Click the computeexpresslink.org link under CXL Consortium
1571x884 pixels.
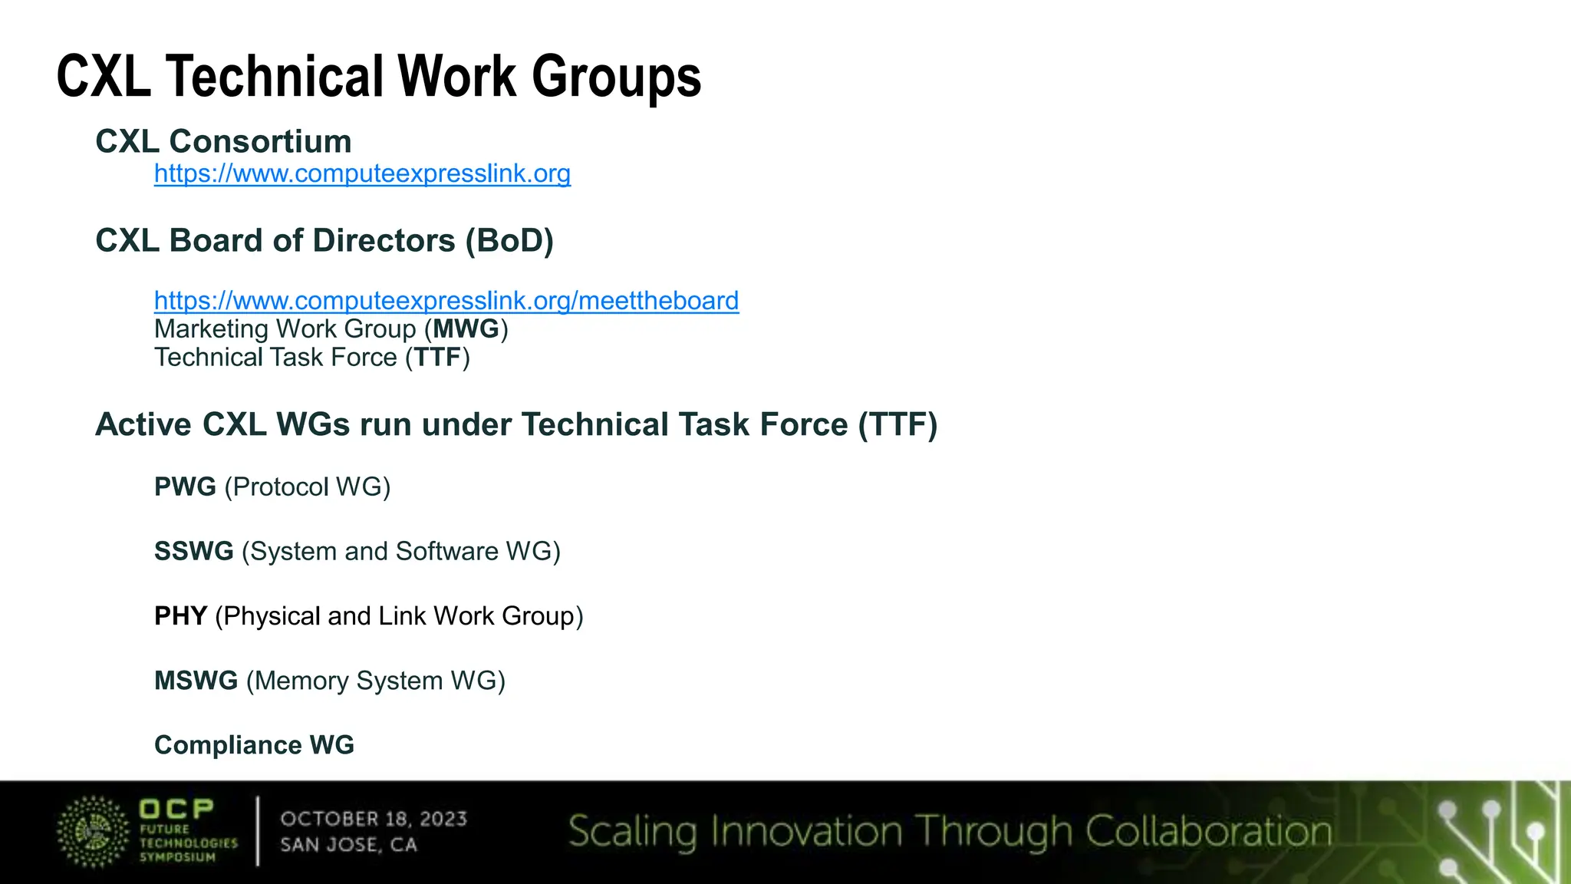(362, 174)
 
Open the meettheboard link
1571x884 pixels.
(446, 301)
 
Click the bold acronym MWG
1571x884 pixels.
(466, 329)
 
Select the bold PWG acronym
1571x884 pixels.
(185, 487)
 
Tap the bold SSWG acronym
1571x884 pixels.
(193, 551)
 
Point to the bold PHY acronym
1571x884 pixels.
(180, 616)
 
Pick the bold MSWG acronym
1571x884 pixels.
(196, 681)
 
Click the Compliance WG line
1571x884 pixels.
(254, 745)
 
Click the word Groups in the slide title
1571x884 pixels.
(616, 77)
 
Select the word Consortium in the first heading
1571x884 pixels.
(260, 142)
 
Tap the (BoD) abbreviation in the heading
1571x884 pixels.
(509, 241)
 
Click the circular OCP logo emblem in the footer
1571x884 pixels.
(93, 832)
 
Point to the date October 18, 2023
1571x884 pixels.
(374, 819)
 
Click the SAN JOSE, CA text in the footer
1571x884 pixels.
(348, 845)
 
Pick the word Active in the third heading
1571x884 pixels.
(143, 425)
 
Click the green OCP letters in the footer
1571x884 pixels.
(176, 809)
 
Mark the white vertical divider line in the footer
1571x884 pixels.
(257, 831)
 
